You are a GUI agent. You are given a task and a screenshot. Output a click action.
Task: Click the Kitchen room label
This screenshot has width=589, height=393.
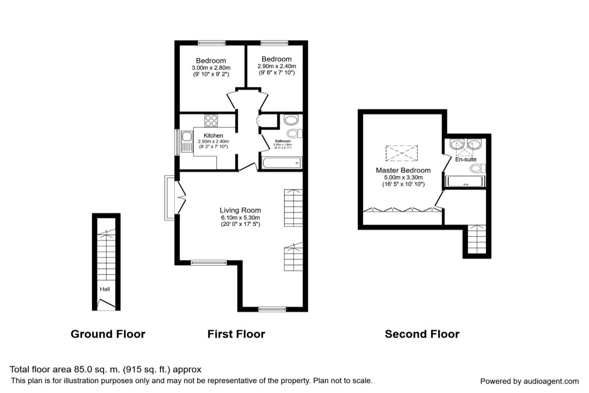[214, 136]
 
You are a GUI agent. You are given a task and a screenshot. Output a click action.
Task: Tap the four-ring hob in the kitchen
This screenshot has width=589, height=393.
[212, 120]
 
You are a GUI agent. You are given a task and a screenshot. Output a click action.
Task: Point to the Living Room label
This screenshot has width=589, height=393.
[240, 210]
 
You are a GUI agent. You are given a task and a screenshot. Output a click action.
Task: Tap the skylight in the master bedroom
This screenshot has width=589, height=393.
[402, 153]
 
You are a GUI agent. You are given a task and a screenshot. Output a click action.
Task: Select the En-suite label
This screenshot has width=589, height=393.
[465, 160]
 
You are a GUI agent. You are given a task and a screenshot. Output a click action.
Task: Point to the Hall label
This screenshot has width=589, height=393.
[105, 290]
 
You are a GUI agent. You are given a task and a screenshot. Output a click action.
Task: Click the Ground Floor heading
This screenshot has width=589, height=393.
[108, 335]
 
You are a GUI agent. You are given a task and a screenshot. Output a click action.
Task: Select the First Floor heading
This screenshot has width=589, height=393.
[236, 335]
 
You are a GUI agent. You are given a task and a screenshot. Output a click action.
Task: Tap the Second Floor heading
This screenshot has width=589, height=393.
[422, 335]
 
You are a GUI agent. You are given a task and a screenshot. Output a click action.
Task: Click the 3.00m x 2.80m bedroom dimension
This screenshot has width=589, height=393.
[211, 68]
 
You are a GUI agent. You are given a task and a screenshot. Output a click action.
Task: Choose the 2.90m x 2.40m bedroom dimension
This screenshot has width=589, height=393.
[277, 66]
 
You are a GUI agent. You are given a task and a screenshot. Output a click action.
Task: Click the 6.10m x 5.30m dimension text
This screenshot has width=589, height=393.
[240, 218]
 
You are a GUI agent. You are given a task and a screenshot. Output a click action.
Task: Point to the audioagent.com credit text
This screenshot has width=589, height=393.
[529, 381]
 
